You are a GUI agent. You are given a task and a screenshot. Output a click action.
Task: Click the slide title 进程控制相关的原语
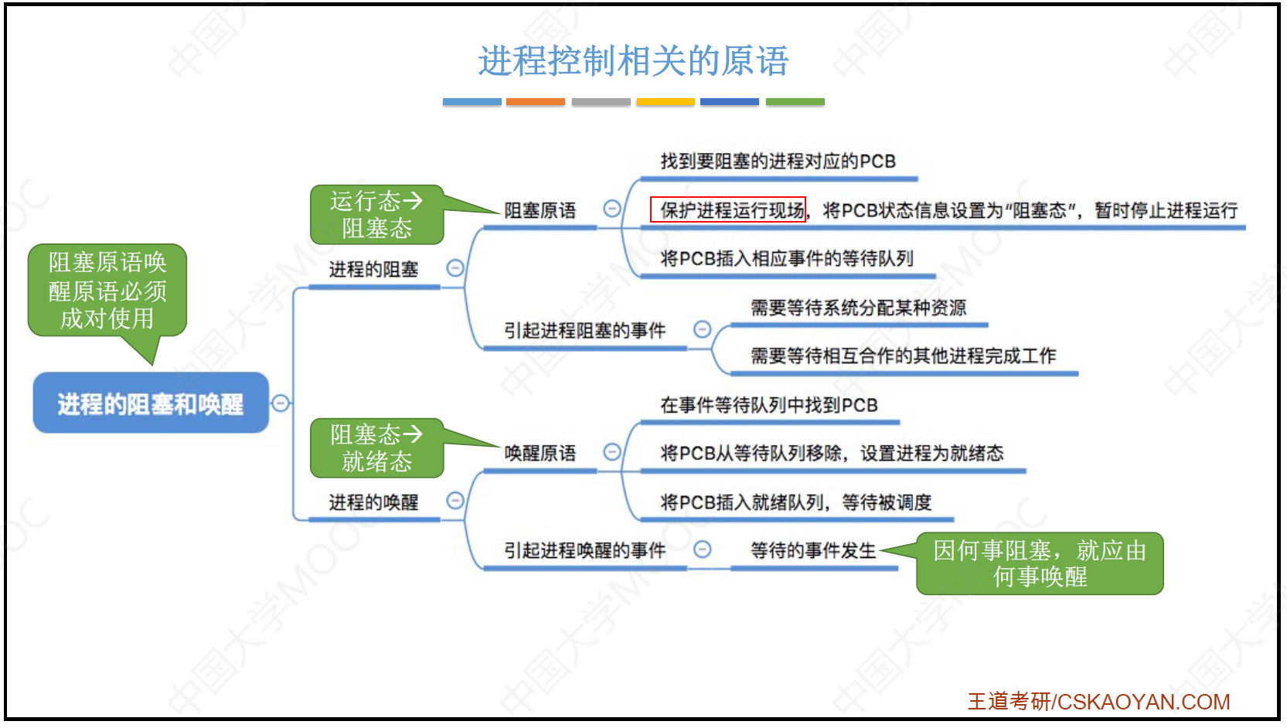click(633, 61)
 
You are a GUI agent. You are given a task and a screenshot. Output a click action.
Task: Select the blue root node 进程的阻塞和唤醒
click(151, 403)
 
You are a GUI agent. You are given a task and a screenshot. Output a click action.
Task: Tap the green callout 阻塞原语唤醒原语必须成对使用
click(107, 291)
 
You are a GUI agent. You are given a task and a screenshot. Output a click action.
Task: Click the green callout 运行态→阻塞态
click(376, 215)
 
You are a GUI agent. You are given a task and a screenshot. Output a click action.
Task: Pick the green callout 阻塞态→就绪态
click(376, 448)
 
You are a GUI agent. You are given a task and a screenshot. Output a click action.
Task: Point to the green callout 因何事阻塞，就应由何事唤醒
click(1039, 563)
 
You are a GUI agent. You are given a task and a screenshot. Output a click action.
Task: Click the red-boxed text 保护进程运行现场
click(728, 209)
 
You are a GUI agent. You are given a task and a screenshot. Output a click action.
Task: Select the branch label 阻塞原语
click(540, 210)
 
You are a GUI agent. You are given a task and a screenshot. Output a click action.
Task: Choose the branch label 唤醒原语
click(540, 453)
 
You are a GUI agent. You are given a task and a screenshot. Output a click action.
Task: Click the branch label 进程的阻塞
click(373, 269)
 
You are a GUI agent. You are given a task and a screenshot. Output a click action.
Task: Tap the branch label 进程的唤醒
click(373, 502)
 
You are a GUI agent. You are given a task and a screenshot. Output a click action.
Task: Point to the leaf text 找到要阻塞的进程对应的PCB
click(778, 162)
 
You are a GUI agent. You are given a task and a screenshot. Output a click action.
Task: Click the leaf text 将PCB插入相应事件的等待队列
click(787, 259)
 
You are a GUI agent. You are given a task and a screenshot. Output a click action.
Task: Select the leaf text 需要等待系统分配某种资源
click(858, 308)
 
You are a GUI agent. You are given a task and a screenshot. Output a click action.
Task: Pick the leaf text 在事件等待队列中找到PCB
click(769, 405)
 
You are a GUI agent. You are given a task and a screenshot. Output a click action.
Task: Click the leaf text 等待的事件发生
click(813, 550)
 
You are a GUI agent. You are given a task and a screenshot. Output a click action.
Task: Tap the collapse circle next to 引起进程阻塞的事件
click(702, 329)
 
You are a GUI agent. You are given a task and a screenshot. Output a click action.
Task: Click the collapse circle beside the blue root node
click(281, 403)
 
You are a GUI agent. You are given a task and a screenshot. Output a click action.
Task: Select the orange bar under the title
click(536, 101)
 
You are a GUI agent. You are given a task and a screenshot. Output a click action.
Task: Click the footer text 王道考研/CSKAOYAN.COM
click(1098, 701)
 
